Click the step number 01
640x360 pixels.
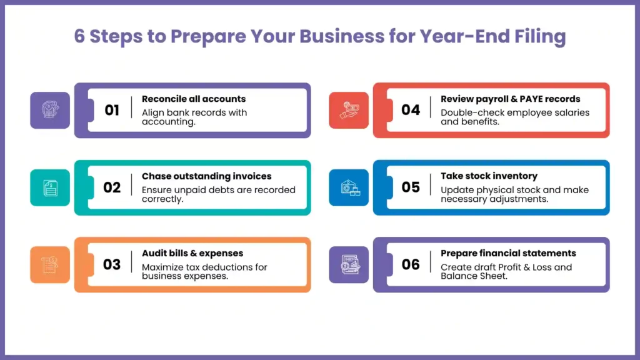pyautogui.click(x=112, y=110)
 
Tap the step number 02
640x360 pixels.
pyautogui.click(x=112, y=187)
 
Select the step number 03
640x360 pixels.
pyautogui.click(x=112, y=264)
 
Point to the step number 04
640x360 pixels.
pyautogui.click(x=411, y=110)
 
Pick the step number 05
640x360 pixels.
pyautogui.click(x=411, y=187)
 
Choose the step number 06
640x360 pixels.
pyautogui.click(x=411, y=264)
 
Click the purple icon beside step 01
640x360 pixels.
pyautogui.click(x=50, y=110)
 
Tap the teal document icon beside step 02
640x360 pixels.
pyautogui.click(x=50, y=187)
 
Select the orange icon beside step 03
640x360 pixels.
pyautogui.click(x=50, y=264)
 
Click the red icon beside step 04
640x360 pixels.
pyautogui.click(x=349, y=110)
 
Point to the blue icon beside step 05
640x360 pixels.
pyautogui.click(x=349, y=187)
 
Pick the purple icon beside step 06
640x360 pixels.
pyautogui.click(x=349, y=264)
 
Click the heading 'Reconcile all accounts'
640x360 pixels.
pyautogui.click(x=194, y=99)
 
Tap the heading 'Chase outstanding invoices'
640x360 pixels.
pyautogui.click(x=206, y=176)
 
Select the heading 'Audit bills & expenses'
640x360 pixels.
pyautogui.click(x=192, y=253)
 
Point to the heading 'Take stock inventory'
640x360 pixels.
pyautogui.click(x=489, y=176)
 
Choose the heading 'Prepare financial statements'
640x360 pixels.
pyautogui.click(x=508, y=253)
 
